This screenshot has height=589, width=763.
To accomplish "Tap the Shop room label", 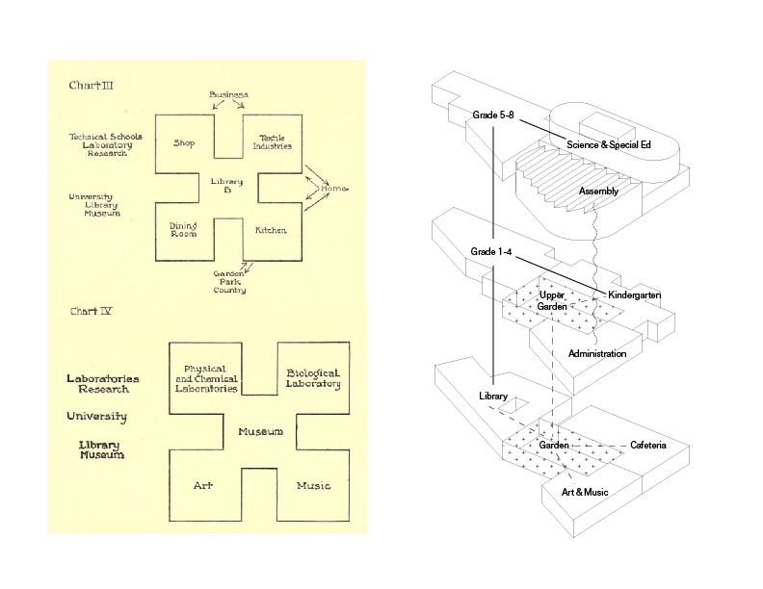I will [x=184, y=143].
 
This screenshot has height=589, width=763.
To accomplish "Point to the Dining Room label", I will [x=184, y=228].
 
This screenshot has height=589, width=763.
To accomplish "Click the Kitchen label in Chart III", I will [x=271, y=231].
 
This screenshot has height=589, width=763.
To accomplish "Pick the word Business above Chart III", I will [x=228, y=94].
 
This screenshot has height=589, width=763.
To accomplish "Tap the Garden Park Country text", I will [x=229, y=282].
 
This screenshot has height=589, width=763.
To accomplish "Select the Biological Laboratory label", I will [x=313, y=378].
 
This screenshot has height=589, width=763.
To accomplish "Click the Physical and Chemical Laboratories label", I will [x=203, y=378].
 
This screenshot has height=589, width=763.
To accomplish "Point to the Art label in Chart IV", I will [x=202, y=485].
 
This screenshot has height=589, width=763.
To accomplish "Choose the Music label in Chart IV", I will [x=314, y=485].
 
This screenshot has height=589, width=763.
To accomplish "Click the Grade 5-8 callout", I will [x=493, y=115].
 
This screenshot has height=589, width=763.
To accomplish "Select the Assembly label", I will [x=598, y=192].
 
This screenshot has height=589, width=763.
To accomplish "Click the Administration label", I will [x=597, y=354].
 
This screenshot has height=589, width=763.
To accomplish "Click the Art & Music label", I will [x=586, y=492].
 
